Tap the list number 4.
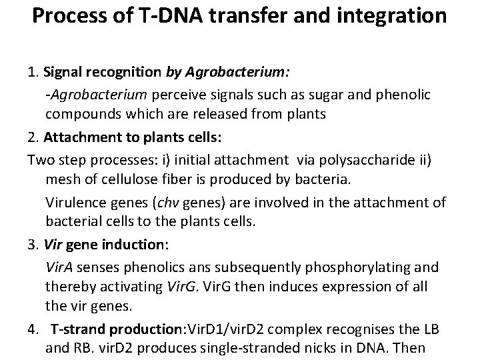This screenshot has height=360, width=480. coord(31,329)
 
